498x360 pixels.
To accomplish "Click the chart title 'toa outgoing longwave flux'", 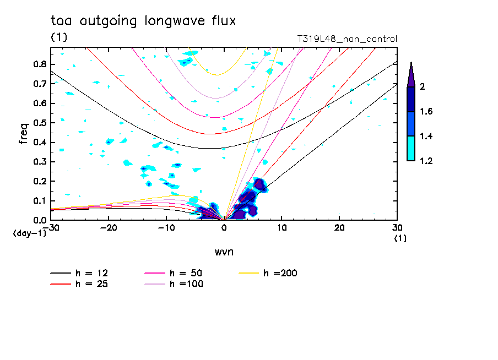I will [143, 21].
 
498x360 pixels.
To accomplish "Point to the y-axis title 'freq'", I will [24, 134].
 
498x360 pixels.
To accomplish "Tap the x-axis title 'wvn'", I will [223, 252].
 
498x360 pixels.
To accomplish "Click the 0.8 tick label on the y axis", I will [39, 64].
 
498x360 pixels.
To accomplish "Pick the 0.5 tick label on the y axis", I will [39, 123].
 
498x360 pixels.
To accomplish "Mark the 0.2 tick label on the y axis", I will [39, 181].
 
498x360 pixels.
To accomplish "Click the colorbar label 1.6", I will [426, 112].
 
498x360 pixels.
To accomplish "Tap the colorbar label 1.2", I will [426, 161].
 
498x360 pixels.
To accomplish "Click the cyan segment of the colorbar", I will [411, 149].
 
